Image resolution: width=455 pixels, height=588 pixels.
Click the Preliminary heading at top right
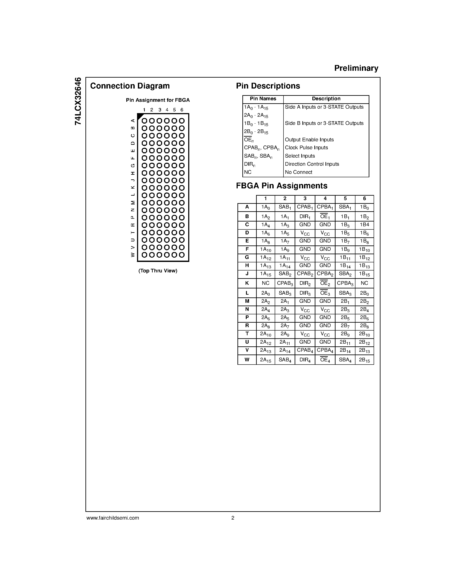pos(356,68)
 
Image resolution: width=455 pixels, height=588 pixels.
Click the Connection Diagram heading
pos(130,86)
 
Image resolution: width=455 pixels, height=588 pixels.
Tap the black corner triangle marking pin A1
pos(140,116)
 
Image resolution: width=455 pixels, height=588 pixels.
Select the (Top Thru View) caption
pos(158,270)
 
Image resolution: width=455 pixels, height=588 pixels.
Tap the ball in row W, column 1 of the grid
pos(145,255)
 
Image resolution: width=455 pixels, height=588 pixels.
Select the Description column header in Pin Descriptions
pos(326,99)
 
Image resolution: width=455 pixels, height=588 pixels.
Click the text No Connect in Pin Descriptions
pos(298,172)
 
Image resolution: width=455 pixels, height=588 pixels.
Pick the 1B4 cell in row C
pos(364,225)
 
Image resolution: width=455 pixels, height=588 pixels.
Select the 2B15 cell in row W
pos(364,360)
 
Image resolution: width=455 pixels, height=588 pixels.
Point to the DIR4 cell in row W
pos(305,360)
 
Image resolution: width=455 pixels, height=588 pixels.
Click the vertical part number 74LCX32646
pos(78,101)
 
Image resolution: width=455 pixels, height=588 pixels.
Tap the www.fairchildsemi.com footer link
pos(113,518)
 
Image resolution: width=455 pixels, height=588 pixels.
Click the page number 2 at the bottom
pos(233,518)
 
